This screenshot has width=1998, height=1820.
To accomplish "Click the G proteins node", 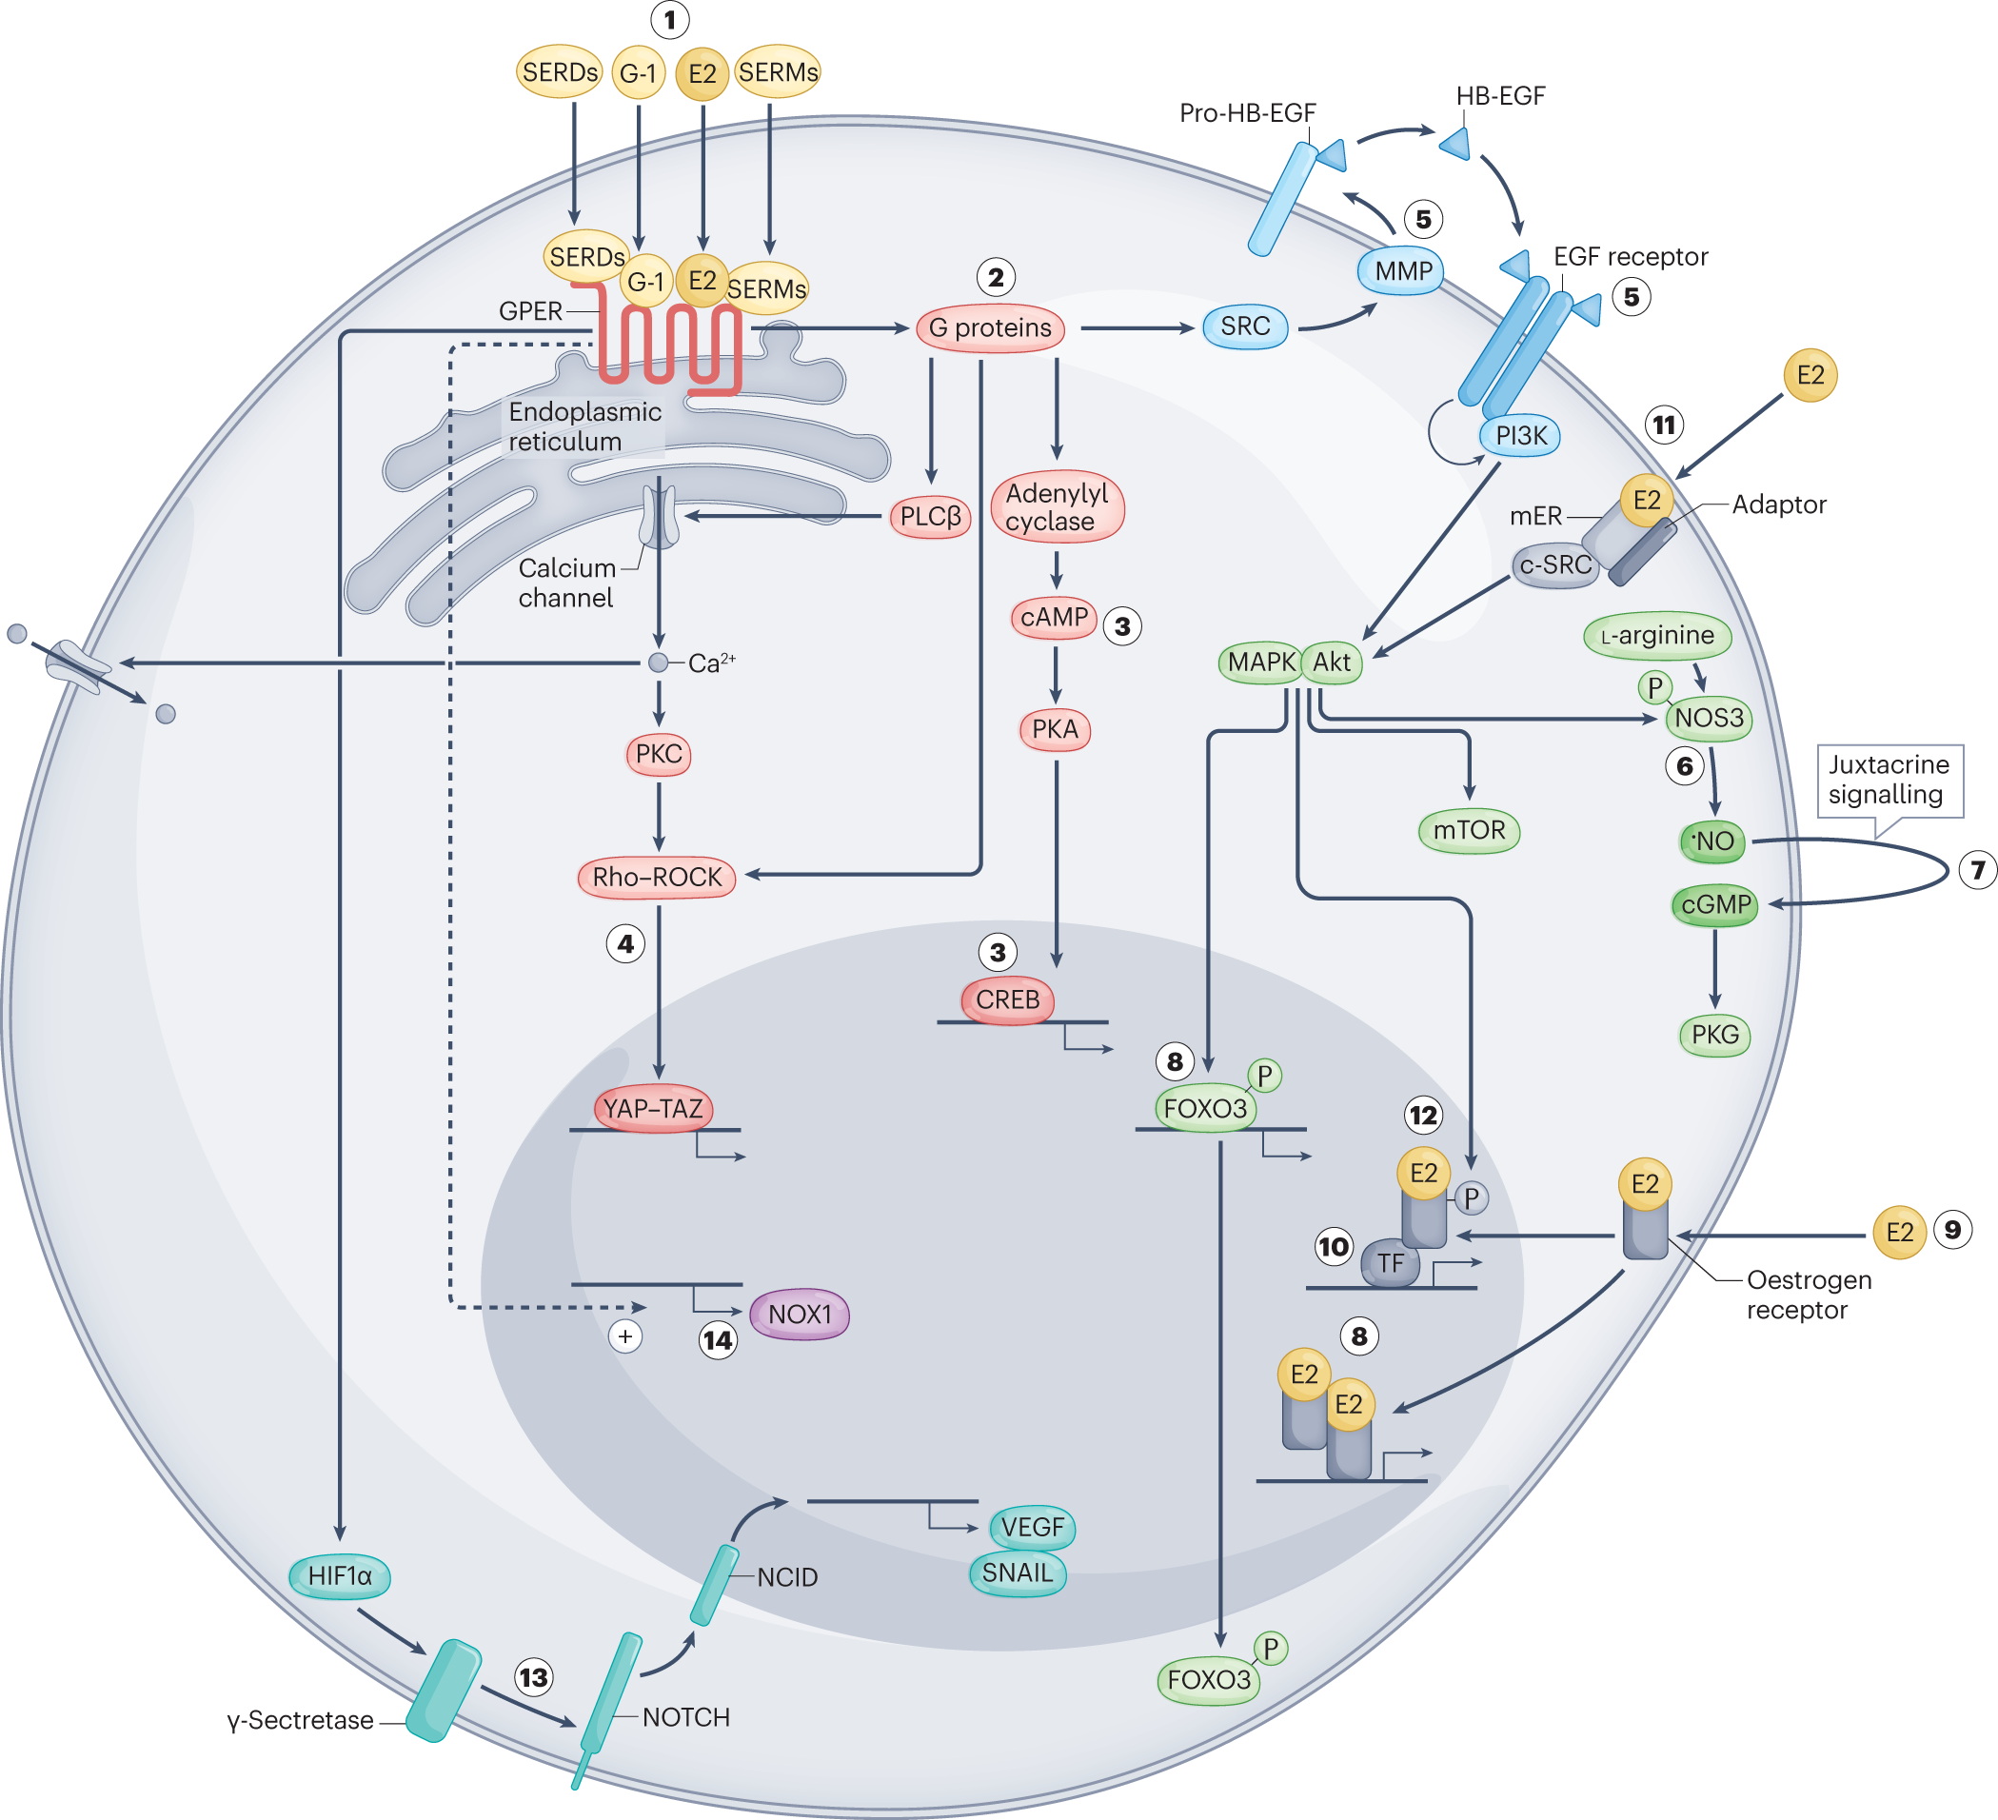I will (989, 328).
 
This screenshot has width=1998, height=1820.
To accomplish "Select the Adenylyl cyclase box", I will (1057, 506).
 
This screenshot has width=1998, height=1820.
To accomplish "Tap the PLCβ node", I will (930, 517).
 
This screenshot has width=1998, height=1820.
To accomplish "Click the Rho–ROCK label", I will (656, 878).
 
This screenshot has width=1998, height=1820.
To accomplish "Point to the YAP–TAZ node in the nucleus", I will (653, 1108).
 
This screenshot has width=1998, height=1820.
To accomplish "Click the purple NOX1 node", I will (799, 1315).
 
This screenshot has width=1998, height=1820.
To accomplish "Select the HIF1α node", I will (339, 1576).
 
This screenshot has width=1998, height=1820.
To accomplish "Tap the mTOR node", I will (1469, 830).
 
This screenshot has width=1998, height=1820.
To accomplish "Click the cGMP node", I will (1714, 905).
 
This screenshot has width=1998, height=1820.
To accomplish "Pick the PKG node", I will (1714, 1035).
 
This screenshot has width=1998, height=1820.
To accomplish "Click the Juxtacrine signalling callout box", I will (1889, 781).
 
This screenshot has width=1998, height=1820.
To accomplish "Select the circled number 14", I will (718, 1341).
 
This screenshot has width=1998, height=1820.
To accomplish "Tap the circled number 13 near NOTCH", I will (533, 1677).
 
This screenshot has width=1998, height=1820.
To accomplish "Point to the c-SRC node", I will (1555, 565).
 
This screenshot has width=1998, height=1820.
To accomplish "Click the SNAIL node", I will (1017, 1573).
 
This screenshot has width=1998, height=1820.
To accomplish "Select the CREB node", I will (1007, 999).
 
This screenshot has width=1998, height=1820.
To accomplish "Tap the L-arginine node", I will (1657, 636).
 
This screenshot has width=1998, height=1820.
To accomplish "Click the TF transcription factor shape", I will (1390, 1263).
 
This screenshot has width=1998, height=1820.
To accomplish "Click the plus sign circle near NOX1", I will (625, 1336).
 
